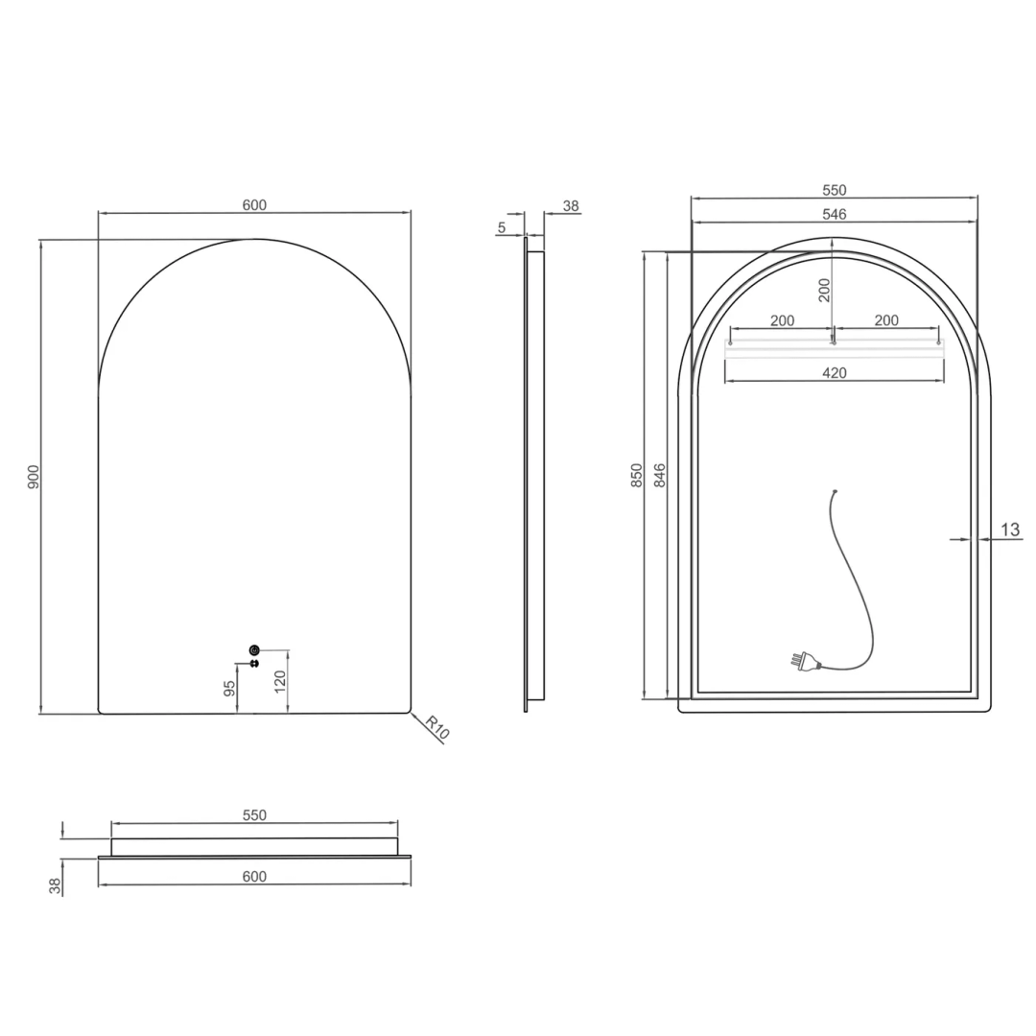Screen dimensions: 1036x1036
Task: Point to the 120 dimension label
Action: click(x=279, y=681)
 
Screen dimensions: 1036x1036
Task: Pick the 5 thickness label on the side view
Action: click(x=502, y=227)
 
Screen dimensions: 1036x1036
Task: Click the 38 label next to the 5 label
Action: click(x=571, y=205)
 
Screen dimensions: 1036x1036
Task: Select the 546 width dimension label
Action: click(x=834, y=215)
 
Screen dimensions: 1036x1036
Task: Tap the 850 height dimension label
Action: click(x=636, y=476)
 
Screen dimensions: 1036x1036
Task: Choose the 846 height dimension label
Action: click(x=660, y=476)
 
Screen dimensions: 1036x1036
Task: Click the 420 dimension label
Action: click(x=835, y=373)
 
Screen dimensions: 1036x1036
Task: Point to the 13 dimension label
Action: click(x=1010, y=530)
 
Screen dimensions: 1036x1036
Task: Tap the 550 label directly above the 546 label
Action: click(x=834, y=190)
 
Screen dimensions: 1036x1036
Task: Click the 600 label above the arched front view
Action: click(x=254, y=204)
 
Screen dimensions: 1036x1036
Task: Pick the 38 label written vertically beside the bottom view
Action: click(x=56, y=886)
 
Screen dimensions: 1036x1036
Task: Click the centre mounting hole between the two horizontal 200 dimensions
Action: click(x=834, y=341)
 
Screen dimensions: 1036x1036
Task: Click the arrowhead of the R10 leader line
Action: click(x=412, y=713)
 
